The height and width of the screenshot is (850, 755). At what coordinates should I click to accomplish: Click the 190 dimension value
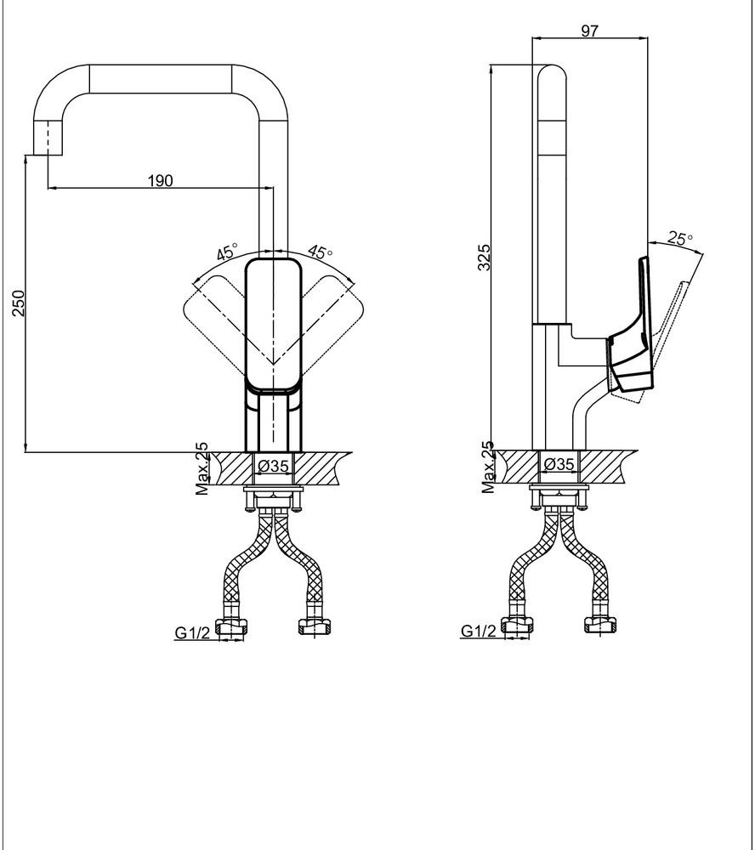pos(161,180)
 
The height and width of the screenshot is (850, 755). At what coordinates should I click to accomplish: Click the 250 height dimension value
pos(19,303)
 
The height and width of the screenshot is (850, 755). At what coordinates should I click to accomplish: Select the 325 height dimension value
pos(484,257)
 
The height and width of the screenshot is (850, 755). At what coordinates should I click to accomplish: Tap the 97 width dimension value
pos(589,31)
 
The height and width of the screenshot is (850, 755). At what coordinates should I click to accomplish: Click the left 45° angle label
pos(228,252)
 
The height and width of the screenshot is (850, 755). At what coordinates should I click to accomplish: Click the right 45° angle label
pos(320,252)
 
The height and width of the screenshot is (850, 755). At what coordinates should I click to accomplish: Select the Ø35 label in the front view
pos(273,466)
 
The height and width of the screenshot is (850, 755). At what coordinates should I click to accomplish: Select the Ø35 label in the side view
pos(558,464)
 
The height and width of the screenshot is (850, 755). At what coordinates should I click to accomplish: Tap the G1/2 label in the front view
pos(192,632)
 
